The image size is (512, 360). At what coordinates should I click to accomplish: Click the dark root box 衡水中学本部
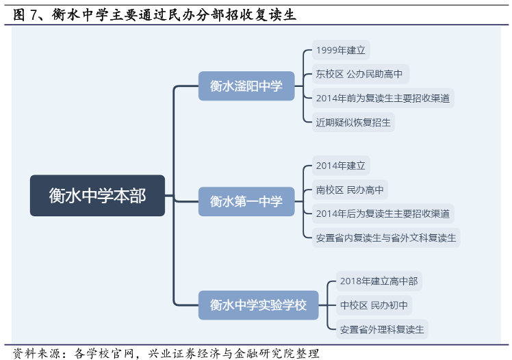click(x=97, y=196)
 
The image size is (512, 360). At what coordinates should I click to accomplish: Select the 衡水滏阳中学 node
click(x=246, y=86)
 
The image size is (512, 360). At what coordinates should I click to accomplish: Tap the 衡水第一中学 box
click(x=246, y=201)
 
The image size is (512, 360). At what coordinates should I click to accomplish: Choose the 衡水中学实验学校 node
click(x=258, y=305)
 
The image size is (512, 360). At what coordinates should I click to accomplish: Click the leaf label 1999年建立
click(x=341, y=50)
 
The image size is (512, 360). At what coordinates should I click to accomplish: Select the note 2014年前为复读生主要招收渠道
click(x=383, y=98)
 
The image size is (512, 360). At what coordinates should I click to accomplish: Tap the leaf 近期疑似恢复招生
click(x=353, y=123)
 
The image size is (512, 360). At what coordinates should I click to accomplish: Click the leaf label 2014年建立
click(x=341, y=166)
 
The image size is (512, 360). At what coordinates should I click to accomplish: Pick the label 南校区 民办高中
click(x=350, y=190)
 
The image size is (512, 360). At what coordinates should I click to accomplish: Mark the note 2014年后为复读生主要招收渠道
click(x=383, y=214)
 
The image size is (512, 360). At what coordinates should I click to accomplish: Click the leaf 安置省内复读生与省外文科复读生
click(x=386, y=238)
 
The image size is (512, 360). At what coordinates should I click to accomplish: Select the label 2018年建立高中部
click(x=379, y=281)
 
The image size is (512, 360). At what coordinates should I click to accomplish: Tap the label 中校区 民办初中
click(x=374, y=305)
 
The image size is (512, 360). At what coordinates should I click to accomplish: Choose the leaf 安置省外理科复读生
click(x=382, y=329)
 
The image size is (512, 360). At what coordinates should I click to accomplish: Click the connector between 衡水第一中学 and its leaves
click(x=303, y=201)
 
